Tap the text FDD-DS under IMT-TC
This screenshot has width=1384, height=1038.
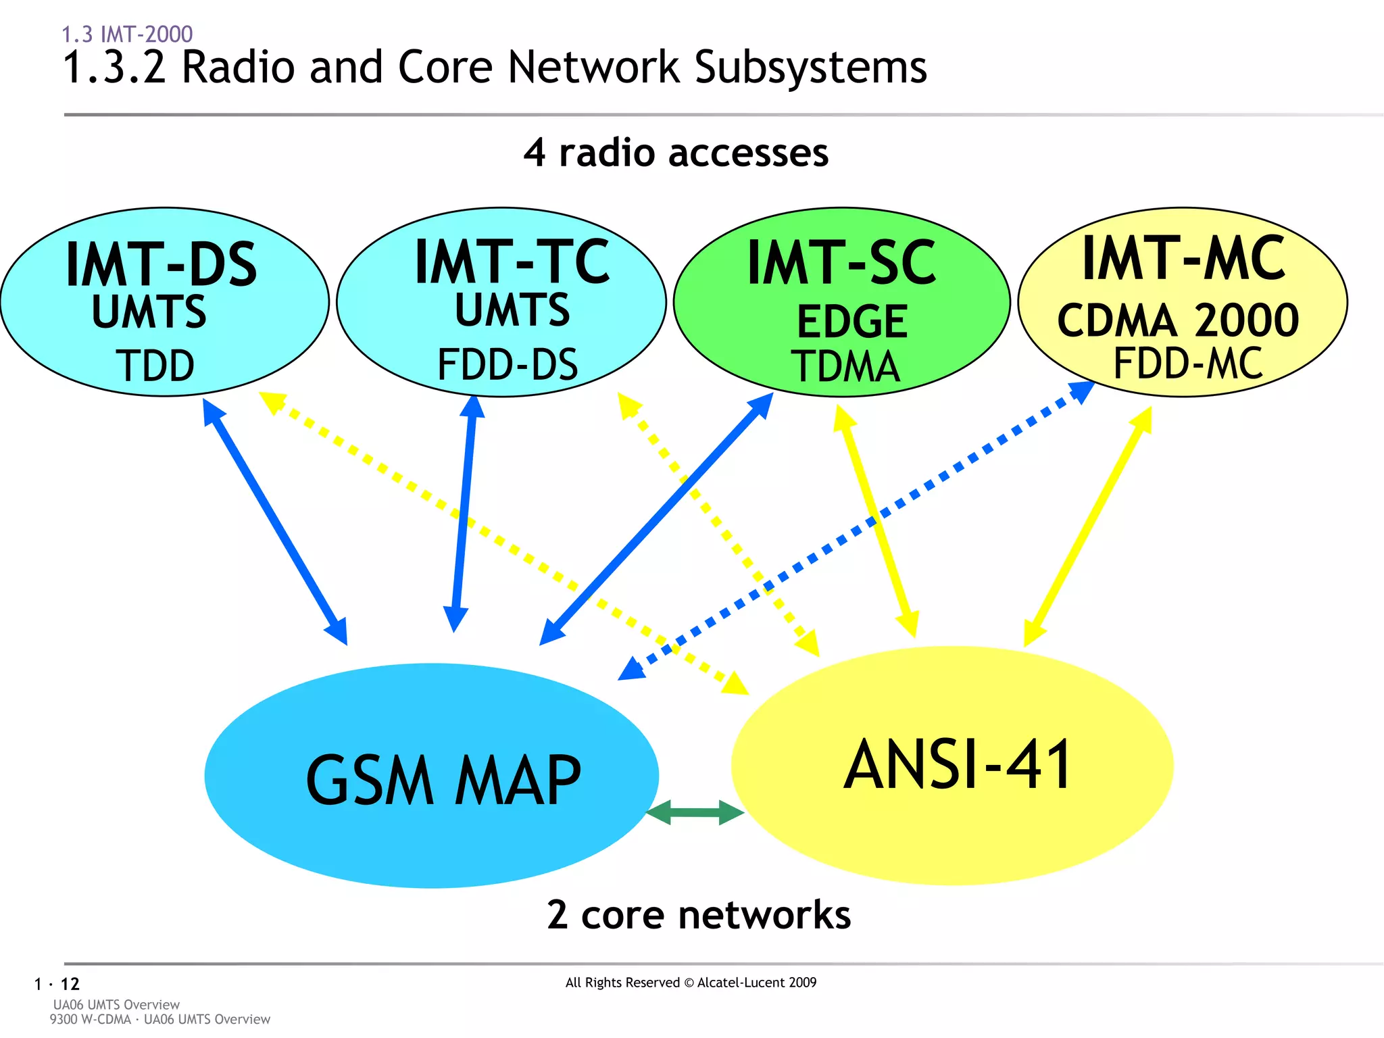[508, 365]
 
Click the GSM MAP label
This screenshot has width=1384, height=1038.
[443, 781]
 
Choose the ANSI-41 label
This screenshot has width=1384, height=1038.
[958, 765]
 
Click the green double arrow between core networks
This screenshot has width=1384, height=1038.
[695, 813]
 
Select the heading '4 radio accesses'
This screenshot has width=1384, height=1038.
[676, 153]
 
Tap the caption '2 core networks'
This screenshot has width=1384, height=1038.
[699, 915]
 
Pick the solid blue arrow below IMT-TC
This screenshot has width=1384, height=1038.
[464, 514]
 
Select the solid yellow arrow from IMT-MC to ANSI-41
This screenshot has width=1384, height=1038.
[1088, 527]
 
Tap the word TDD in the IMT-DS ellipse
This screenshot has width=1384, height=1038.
[155, 366]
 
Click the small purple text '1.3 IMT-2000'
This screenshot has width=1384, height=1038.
[127, 34]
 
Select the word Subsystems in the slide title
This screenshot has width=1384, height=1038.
[810, 68]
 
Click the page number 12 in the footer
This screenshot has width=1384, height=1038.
[70, 984]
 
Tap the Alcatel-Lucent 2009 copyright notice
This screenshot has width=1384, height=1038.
[691, 983]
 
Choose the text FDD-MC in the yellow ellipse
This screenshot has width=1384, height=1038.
[1187, 364]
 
